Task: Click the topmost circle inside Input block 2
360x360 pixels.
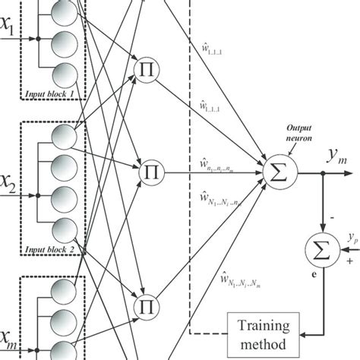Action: click(64, 137)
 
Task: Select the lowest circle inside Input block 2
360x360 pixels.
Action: click(64, 226)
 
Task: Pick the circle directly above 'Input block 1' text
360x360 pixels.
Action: click(64, 76)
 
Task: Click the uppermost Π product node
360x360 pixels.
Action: click(146, 69)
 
